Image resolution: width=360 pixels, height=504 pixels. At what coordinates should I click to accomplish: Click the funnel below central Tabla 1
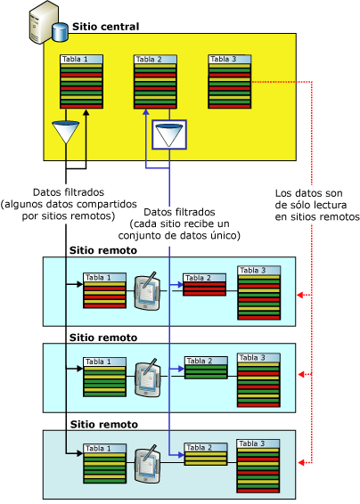click(x=67, y=134)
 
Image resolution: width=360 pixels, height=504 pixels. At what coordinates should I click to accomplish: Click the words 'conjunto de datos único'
click(x=192, y=236)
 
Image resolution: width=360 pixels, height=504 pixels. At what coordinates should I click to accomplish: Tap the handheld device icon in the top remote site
click(x=147, y=292)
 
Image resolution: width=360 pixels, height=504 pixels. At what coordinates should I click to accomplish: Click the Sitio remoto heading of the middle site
click(x=103, y=337)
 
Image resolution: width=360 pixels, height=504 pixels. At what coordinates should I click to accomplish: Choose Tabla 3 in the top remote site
click(x=258, y=292)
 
